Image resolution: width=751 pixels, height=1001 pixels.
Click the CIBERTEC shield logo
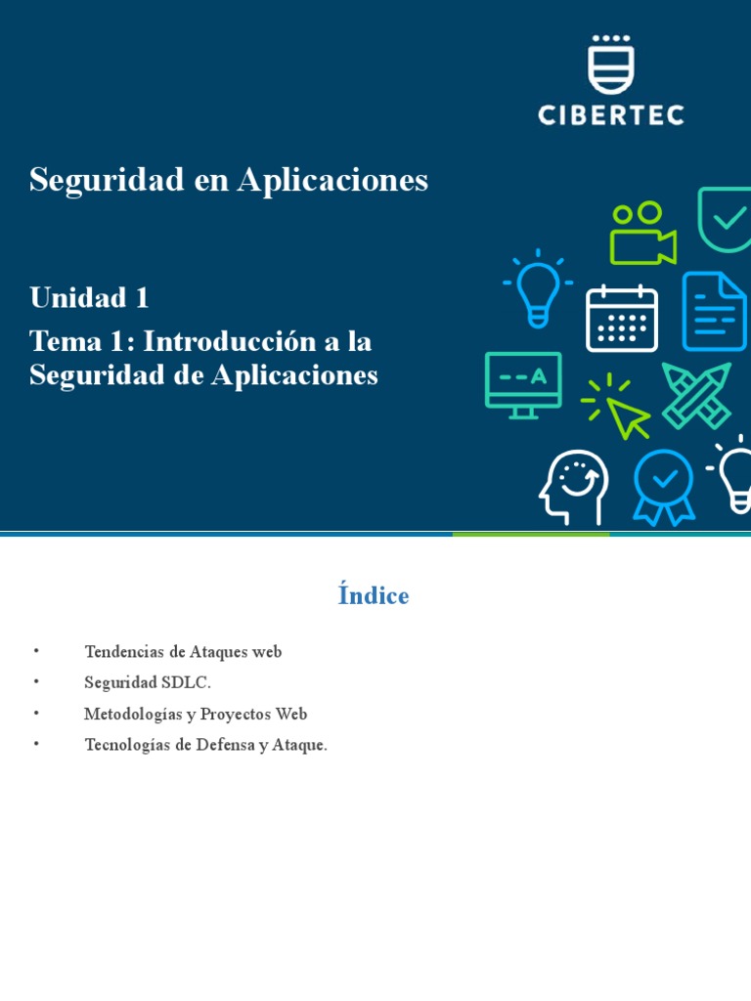click(x=611, y=65)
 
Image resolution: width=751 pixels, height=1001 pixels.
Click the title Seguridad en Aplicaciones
click(x=229, y=180)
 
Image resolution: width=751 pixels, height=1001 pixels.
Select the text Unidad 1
click(x=89, y=297)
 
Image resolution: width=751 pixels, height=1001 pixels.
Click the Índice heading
click(x=374, y=595)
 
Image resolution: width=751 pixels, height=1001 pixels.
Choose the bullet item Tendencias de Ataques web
click(x=183, y=651)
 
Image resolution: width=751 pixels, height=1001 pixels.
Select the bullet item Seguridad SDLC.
click(x=148, y=682)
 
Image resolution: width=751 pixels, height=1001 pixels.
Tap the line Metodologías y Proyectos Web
click(x=196, y=714)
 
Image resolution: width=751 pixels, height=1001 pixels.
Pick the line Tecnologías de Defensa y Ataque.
click(x=205, y=745)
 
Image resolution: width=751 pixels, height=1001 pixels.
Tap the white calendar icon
click(x=621, y=319)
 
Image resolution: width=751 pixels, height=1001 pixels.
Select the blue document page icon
click(x=714, y=311)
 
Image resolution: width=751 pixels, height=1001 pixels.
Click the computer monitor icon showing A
click(x=523, y=384)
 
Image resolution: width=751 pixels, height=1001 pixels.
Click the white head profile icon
click(x=574, y=487)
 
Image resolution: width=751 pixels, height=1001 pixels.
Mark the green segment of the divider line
click(x=530, y=534)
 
